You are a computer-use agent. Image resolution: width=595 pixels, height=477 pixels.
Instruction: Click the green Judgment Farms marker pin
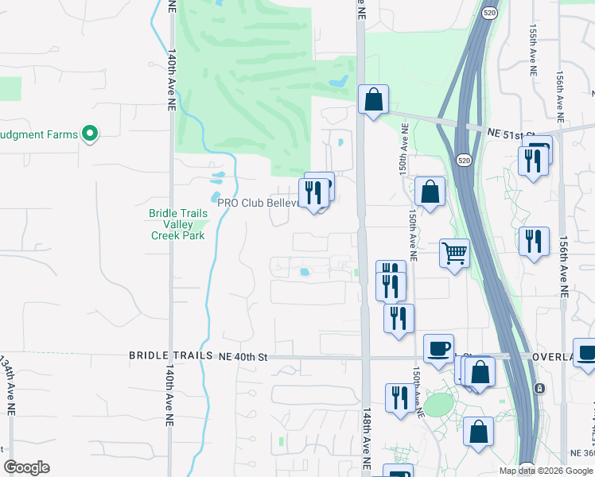pyautogui.click(x=90, y=134)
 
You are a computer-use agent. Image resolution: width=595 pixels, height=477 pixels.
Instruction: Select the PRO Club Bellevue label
pyautogui.click(x=258, y=203)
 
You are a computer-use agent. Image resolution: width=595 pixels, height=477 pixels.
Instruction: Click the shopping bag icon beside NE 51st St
pyautogui.click(x=372, y=100)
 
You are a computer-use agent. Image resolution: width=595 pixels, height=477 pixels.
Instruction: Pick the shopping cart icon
pyautogui.click(x=454, y=254)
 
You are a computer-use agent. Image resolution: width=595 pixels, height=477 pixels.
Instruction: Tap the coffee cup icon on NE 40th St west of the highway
pyautogui.click(x=438, y=348)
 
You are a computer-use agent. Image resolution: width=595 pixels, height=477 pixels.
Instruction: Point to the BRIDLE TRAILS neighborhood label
pyautogui.click(x=171, y=356)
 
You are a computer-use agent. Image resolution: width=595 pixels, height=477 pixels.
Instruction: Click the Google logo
pyautogui.click(x=27, y=467)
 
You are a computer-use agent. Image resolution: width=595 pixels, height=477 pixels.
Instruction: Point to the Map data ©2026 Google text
pyautogui.click(x=545, y=471)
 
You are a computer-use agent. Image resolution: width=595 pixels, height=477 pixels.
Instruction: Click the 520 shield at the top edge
pyautogui.click(x=489, y=13)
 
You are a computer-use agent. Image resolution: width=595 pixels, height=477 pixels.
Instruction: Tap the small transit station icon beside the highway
pyautogui.click(x=540, y=388)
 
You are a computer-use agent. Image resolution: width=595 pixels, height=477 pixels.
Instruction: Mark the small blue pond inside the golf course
pyautogui.click(x=338, y=81)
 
